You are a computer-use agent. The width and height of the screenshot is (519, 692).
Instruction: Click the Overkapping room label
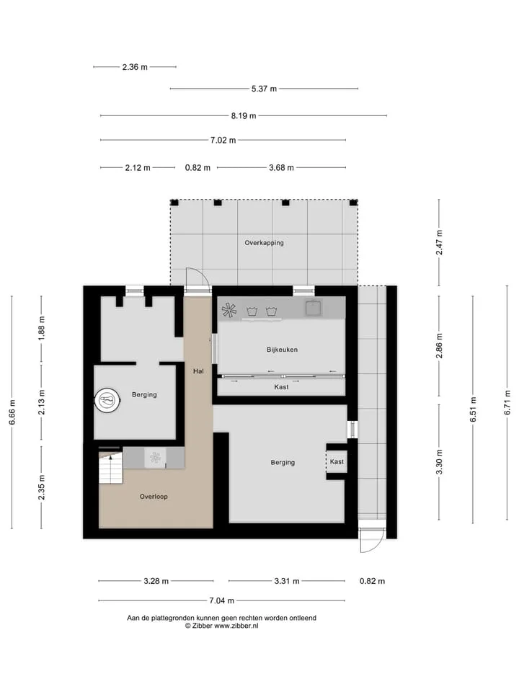264,243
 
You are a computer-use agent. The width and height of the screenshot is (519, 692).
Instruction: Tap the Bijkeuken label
282,350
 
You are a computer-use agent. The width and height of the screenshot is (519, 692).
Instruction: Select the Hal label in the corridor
198,371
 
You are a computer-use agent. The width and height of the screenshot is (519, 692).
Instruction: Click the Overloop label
154,497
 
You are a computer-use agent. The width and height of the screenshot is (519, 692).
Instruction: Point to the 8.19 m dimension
244,115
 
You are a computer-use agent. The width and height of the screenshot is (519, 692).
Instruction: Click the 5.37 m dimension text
264,89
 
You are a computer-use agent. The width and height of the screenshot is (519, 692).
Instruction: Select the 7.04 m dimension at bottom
221,600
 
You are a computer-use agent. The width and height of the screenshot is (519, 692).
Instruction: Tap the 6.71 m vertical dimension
507,402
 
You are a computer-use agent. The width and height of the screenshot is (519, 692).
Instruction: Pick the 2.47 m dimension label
439,242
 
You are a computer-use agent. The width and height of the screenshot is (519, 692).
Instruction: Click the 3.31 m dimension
287,581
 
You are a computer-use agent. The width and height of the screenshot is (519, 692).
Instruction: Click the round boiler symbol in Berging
107,401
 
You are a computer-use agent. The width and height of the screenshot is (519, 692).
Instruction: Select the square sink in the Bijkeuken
314,307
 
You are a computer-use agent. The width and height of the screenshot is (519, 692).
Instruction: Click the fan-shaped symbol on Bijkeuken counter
229,310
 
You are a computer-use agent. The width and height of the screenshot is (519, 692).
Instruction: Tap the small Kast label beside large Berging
337,461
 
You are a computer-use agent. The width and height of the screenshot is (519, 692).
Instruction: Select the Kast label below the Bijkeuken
281,387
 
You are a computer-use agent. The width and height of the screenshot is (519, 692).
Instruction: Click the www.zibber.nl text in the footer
236,626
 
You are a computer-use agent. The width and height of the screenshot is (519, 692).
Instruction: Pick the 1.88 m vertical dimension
42,329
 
